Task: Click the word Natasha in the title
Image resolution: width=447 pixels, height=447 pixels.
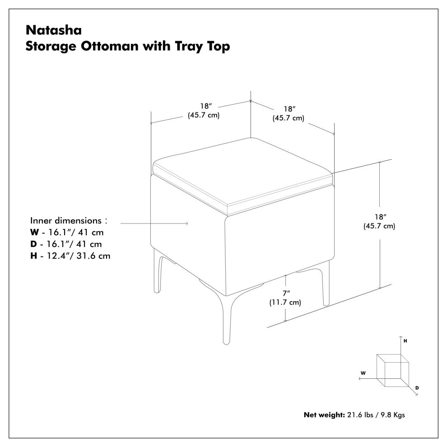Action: point(54,30)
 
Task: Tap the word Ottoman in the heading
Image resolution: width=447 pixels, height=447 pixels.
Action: point(109,46)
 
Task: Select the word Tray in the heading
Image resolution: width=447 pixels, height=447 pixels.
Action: point(188,47)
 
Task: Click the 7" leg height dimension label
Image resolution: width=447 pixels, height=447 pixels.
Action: point(286,293)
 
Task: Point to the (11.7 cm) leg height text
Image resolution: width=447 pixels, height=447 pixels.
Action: point(285,302)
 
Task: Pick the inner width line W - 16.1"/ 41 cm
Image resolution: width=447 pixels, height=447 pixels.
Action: point(67,233)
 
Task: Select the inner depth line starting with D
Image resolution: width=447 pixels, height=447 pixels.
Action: point(66,244)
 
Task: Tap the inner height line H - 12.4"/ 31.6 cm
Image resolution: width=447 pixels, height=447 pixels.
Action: point(70,256)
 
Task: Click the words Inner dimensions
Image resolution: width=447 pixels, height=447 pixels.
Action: point(66,220)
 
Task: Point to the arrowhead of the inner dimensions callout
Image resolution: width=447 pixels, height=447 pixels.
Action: point(187,223)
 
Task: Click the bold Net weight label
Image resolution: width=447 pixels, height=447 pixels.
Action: point(325,415)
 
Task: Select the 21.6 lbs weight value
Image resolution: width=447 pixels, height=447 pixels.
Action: point(360,415)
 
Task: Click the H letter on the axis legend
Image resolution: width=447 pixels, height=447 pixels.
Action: point(405,341)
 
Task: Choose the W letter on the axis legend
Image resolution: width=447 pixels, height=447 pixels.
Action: point(363,373)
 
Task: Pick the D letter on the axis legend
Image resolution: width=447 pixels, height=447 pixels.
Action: point(417,388)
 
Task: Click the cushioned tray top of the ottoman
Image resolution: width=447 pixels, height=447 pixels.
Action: point(242,174)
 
